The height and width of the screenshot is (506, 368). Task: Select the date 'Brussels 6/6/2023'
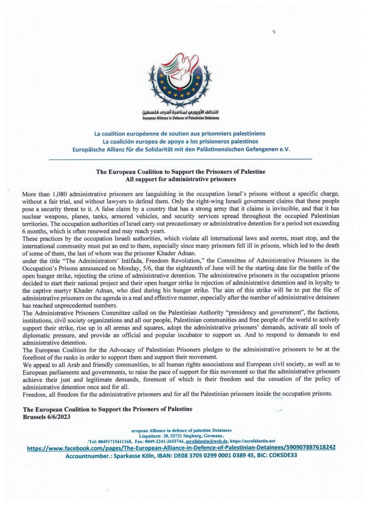coord(47,417)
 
